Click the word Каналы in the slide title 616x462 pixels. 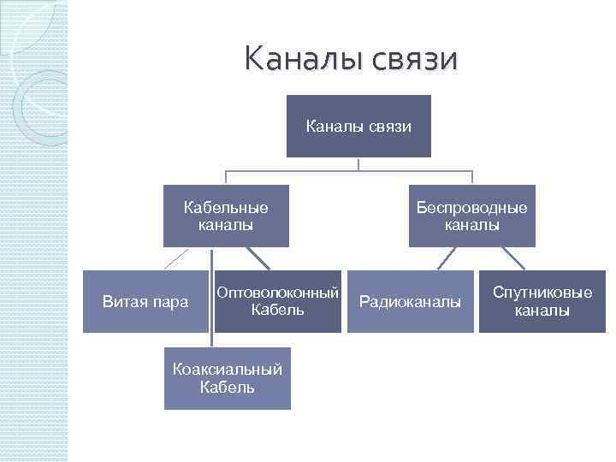coord(295,59)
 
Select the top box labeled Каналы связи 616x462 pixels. coord(358,127)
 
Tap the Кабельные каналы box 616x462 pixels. coord(226,216)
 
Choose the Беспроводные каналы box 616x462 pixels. coord(471,216)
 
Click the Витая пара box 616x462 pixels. coord(145,301)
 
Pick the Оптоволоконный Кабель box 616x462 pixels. coord(277,301)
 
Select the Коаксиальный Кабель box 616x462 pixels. coord(227,378)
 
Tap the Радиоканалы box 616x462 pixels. coord(410,301)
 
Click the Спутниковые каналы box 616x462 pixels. coord(542,301)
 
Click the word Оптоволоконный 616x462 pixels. coord(277,293)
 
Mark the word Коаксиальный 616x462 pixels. coord(227,370)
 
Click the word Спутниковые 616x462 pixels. coord(542,293)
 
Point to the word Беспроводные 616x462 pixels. coord(471,208)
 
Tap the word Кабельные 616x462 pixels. coord(226,208)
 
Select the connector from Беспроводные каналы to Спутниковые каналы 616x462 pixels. coord(512,258)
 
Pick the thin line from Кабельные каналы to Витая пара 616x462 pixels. coord(176,258)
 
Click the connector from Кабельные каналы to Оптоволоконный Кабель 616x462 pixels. coord(257,258)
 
